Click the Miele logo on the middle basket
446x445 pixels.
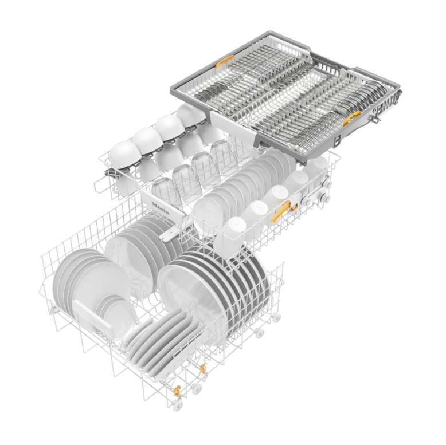tap(161, 208)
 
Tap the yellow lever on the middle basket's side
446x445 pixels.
tap(281, 211)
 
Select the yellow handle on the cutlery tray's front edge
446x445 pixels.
tap(351, 117)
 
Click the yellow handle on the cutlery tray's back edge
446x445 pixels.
tap(224, 61)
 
